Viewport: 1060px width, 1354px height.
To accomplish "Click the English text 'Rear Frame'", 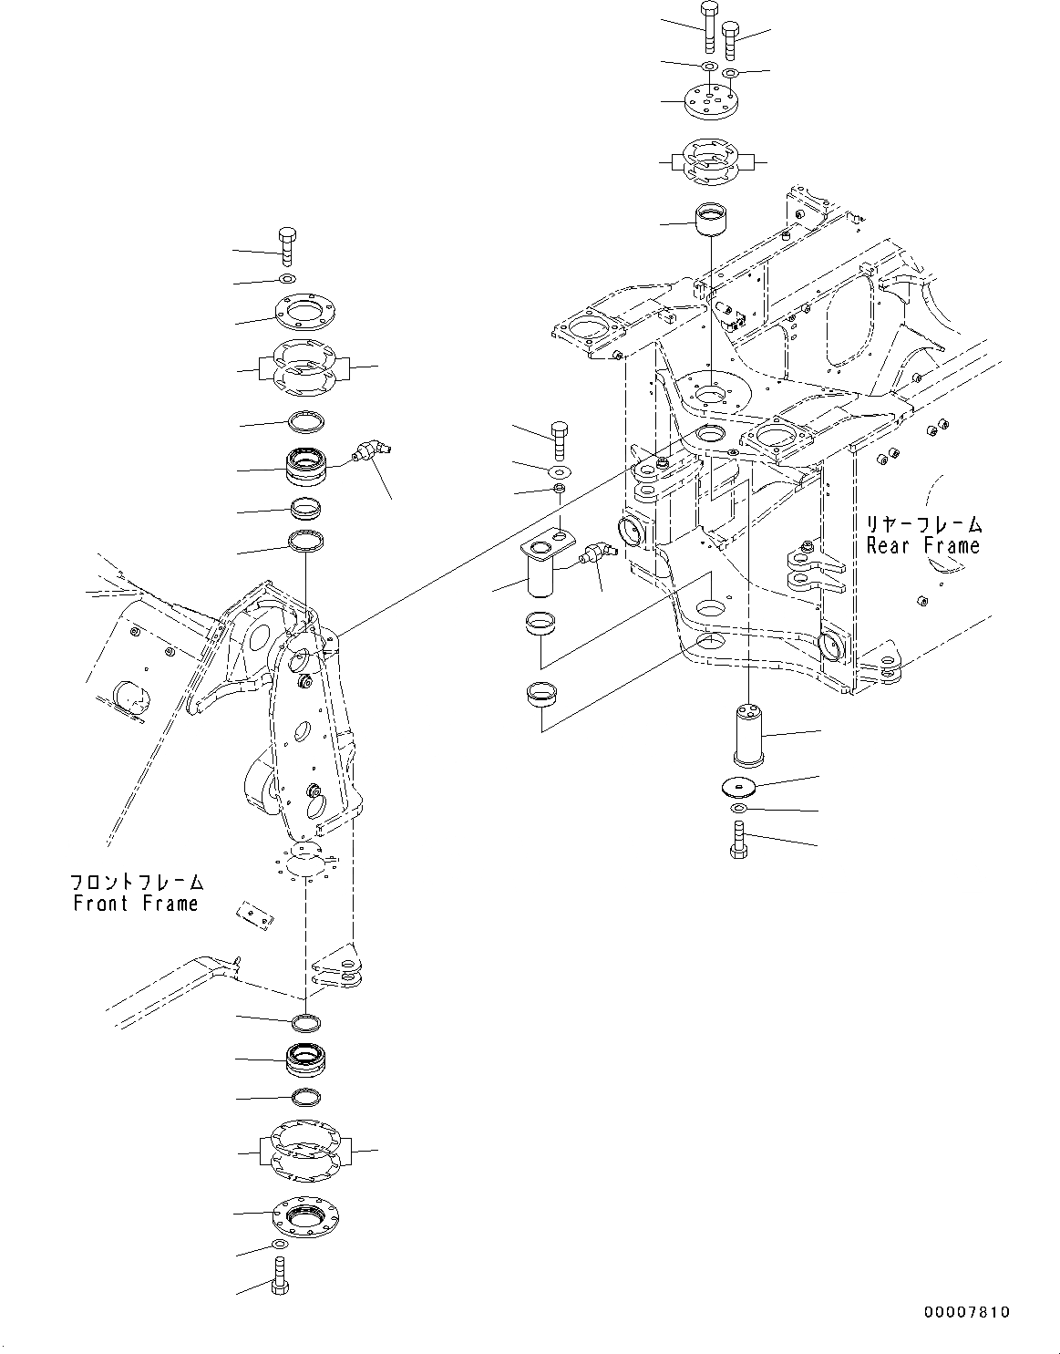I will [x=922, y=546].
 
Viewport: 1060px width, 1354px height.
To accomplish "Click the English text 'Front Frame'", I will [x=136, y=904].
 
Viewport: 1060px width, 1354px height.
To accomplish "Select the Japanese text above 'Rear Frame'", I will [x=924, y=524].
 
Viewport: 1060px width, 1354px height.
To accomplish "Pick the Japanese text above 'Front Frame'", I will [x=137, y=883].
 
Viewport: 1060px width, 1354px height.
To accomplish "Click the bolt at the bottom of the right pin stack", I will [x=737, y=838].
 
